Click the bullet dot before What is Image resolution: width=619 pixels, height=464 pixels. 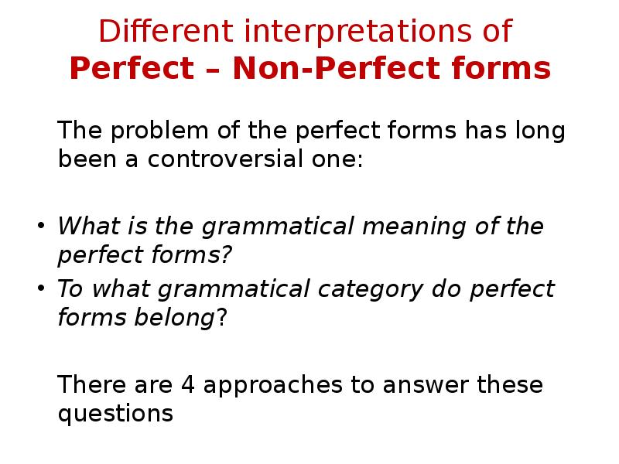[x=42, y=227]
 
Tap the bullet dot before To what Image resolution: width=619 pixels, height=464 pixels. [x=42, y=289]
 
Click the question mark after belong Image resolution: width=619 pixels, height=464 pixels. [x=221, y=317]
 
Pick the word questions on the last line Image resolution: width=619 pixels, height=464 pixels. [x=115, y=413]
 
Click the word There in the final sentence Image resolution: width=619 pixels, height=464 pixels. [x=87, y=384]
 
